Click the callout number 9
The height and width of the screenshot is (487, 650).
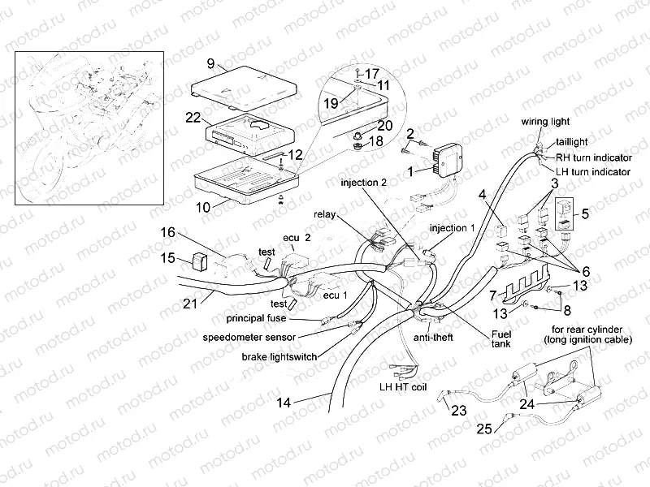[x=210, y=63]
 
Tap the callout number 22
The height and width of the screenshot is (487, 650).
[x=193, y=118]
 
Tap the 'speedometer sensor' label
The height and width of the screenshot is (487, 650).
[x=250, y=336]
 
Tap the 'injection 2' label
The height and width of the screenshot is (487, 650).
[x=363, y=183]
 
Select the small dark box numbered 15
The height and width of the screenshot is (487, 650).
[x=197, y=261]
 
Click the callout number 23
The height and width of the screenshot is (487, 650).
[x=459, y=411]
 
